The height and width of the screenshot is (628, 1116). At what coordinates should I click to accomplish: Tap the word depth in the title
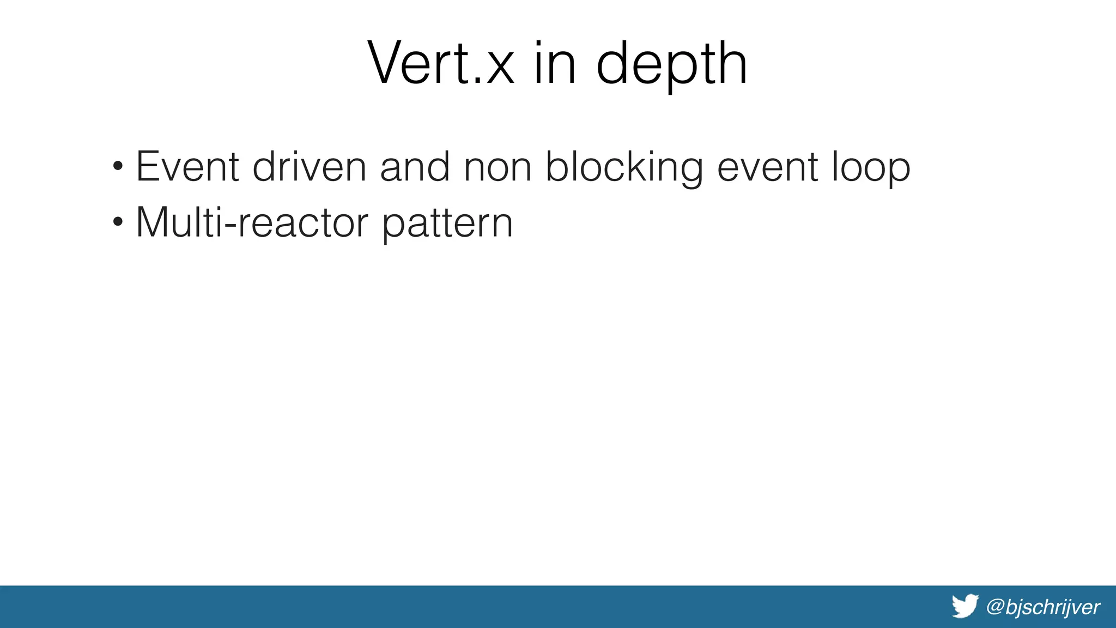671,64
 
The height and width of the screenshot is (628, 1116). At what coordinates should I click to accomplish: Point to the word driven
309,166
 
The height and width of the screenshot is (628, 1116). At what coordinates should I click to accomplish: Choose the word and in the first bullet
415,166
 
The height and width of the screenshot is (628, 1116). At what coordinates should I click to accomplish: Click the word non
498,167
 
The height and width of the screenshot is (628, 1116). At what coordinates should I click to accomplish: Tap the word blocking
624,167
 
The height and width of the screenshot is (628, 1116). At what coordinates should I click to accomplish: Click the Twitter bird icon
965,606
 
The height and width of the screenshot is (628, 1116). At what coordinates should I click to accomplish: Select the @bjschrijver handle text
1043,607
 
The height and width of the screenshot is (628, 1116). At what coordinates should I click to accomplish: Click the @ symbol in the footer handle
995,607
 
